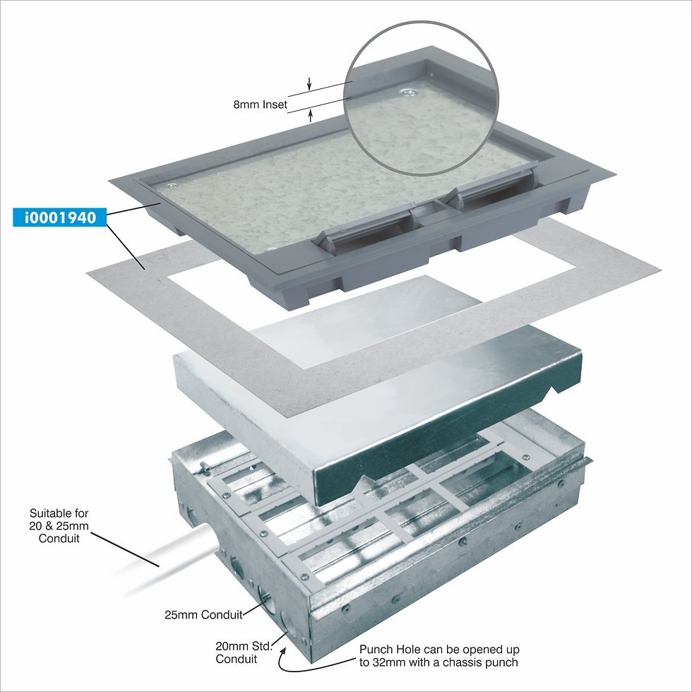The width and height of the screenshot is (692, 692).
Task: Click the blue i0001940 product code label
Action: [x=59, y=217]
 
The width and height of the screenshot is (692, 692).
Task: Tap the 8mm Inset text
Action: [x=260, y=105]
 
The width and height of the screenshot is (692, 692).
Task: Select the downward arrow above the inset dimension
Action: [x=309, y=84]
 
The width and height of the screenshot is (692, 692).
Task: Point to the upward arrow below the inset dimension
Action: [x=311, y=116]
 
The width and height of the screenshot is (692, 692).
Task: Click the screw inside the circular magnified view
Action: [x=407, y=93]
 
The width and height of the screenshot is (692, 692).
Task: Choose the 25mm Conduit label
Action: [x=203, y=615]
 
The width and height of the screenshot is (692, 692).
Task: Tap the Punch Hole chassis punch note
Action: [x=439, y=656]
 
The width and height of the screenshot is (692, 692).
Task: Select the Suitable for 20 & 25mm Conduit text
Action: [x=59, y=525]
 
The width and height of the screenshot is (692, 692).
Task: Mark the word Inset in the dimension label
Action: [x=275, y=105]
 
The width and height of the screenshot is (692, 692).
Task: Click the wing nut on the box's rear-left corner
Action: [x=204, y=466]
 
